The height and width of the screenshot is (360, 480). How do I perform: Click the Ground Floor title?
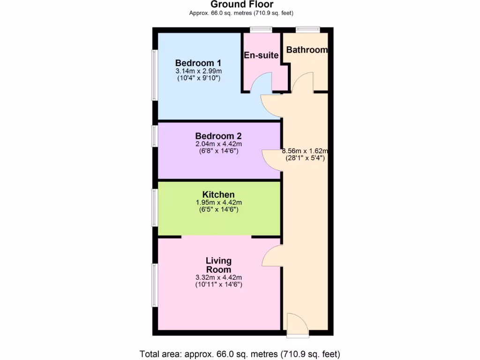pyautogui.click(x=242, y=5)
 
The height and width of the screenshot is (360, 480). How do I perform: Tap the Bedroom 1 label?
pyautogui.click(x=198, y=63)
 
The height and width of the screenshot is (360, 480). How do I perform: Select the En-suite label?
pyautogui.click(x=261, y=55)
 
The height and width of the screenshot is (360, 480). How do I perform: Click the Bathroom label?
pyautogui.click(x=307, y=50)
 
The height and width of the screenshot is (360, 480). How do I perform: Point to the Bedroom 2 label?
pyautogui.click(x=218, y=136)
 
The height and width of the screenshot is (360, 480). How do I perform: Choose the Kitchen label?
pyautogui.click(x=218, y=195)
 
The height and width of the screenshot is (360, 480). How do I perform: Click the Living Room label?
pyautogui.click(x=218, y=265)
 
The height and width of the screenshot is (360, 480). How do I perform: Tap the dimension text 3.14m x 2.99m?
pyautogui.click(x=199, y=71)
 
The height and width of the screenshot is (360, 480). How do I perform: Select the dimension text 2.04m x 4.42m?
pyautogui.click(x=218, y=144)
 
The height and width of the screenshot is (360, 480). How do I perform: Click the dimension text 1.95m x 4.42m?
pyautogui.click(x=218, y=202)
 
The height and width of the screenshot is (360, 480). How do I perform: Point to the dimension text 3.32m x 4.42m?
pyautogui.click(x=218, y=277)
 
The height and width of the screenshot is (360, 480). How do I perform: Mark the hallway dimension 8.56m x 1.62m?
pyautogui.click(x=305, y=151)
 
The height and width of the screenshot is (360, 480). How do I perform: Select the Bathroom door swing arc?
pyautogui.click(x=302, y=82)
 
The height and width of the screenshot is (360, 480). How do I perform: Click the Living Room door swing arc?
pyautogui.click(x=271, y=256)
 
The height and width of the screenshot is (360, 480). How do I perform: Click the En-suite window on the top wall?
pyautogui.click(x=261, y=30)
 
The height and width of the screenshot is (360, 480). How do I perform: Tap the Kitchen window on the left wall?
pyautogui.click(x=155, y=208)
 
